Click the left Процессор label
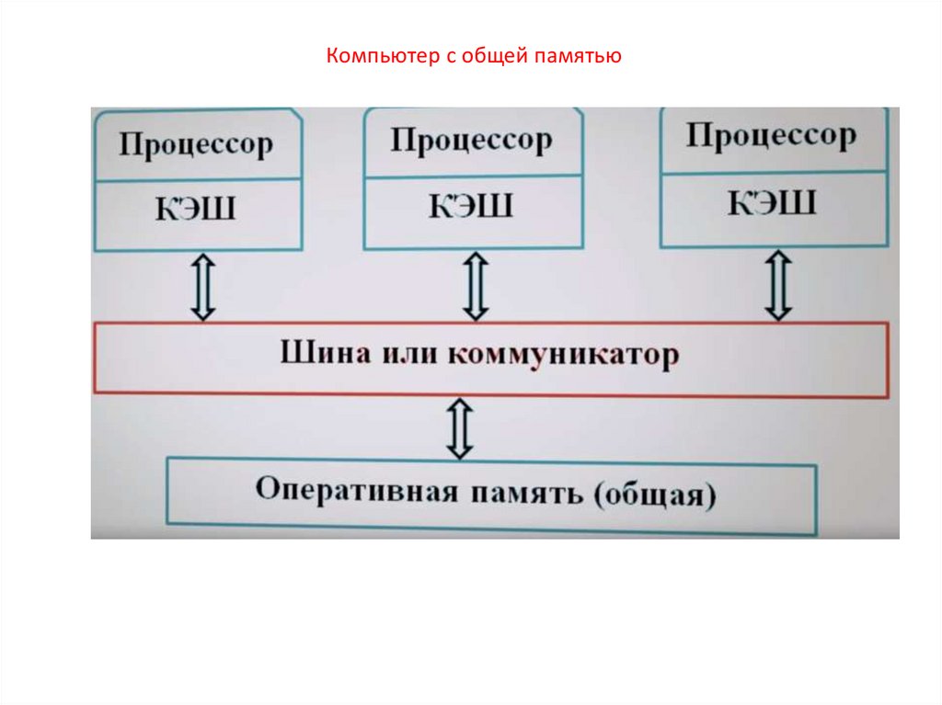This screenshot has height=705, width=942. (x=196, y=145)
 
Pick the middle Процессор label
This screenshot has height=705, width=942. (x=471, y=141)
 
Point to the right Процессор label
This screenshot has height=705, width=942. (x=771, y=136)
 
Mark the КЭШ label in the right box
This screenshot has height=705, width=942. (x=772, y=201)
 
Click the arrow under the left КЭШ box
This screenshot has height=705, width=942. (x=203, y=287)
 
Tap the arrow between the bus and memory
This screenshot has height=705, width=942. (x=459, y=428)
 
